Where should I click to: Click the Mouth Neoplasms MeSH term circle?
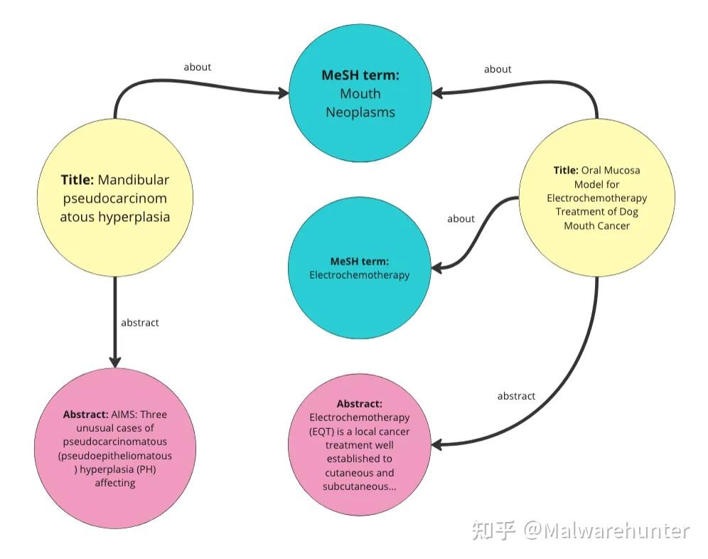point(360,93)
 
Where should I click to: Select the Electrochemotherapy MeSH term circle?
point(360,267)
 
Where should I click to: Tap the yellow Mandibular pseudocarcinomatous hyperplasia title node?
point(115,198)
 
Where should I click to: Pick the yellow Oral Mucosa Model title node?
point(597,198)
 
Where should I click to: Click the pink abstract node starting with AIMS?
point(115,448)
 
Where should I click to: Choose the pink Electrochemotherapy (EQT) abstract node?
point(360,444)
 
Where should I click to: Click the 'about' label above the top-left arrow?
point(198,68)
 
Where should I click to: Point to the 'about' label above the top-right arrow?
point(498,69)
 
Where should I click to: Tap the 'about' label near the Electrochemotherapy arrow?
point(461,219)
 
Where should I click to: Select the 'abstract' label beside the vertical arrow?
point(140,323)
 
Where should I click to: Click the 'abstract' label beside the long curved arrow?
point(516,396)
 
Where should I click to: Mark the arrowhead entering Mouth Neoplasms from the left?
point(283,94)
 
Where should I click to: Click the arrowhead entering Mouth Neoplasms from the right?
point(438,93)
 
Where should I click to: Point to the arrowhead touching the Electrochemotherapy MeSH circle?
point(437,268)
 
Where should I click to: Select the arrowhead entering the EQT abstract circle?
point(437,445)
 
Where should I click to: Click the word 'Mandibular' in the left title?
point(133,180)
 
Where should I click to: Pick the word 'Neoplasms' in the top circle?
point(360,112)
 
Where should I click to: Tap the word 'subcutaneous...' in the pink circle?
point(360,486)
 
